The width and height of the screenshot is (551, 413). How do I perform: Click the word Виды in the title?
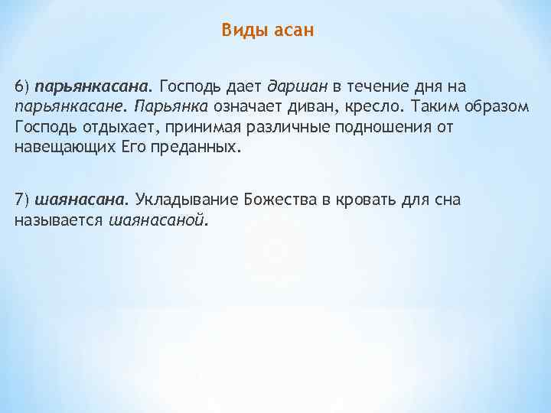pyautogui.click(x=240, y=31)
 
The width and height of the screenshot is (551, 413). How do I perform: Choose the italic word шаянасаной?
pyautogui.click(x=158, y=220)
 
